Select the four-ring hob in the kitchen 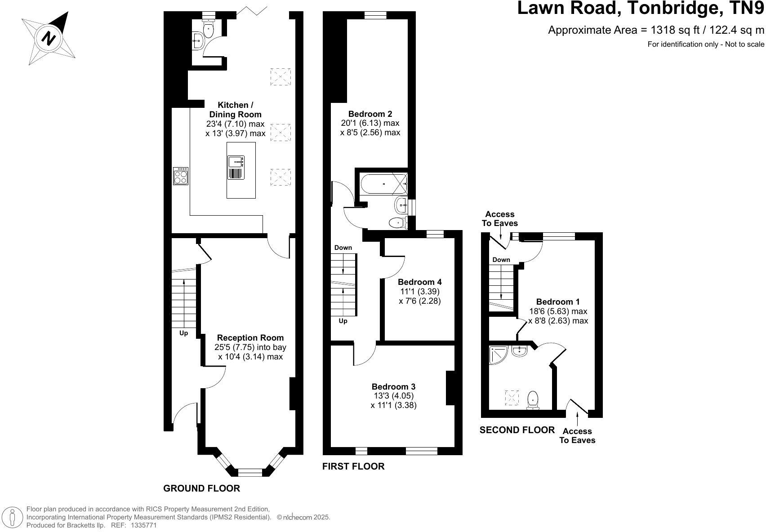click(181, 176)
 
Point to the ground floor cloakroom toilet click(209, 30)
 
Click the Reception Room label click(250, 337)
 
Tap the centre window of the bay click(250, 472)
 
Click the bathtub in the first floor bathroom click(382, 183)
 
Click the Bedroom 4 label click(419, 282)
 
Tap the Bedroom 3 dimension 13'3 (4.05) click(393, 396)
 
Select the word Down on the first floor click(343, 248)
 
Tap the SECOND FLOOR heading click(517, 430)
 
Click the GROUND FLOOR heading click(201, 488)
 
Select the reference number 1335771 click(143, 525)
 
